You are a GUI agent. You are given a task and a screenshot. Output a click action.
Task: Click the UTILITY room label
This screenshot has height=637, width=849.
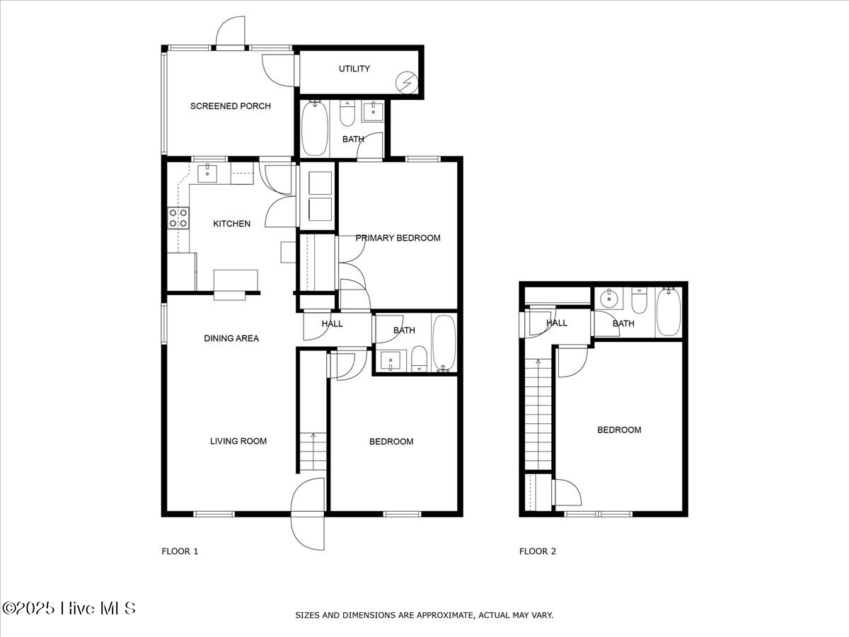click(x=354, y=69)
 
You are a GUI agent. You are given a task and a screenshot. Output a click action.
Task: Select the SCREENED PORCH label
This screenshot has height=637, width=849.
click(x=230, y=106)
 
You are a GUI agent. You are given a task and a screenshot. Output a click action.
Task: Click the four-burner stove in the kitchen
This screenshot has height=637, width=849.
click(x=178, y=218)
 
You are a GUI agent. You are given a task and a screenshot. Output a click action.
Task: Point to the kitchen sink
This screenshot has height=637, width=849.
click(x=208, y=172)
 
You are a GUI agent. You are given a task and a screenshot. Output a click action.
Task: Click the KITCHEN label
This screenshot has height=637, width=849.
click(x=232, y=224)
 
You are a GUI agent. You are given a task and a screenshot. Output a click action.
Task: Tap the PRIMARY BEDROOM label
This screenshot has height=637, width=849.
click(x=398, y=238)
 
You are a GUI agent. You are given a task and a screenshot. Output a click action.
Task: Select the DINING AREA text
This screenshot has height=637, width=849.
click(x=231, y=338)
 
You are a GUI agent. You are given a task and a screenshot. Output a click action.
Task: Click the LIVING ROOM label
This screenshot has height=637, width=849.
click(x=238, y=441)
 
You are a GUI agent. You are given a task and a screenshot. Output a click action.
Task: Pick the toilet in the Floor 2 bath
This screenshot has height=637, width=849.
click(x=639, y=301)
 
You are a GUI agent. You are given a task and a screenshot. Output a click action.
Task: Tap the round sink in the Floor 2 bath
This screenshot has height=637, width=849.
click(x=608, y=299)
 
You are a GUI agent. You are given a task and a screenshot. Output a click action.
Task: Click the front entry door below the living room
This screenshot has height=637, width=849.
click(x=308, y=514)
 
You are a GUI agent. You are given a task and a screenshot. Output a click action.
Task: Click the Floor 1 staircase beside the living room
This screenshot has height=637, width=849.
click(x=312, y=452)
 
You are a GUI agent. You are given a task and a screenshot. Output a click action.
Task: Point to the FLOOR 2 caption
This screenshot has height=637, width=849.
click(x=538, y=551)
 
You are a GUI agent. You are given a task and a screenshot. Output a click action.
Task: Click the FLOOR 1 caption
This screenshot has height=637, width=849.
click(x=180, y=551)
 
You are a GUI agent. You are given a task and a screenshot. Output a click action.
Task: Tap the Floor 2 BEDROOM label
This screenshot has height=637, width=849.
click(x=619, y=430)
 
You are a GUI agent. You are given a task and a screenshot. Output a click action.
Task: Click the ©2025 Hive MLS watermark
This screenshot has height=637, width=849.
click(x=69, y=608)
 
